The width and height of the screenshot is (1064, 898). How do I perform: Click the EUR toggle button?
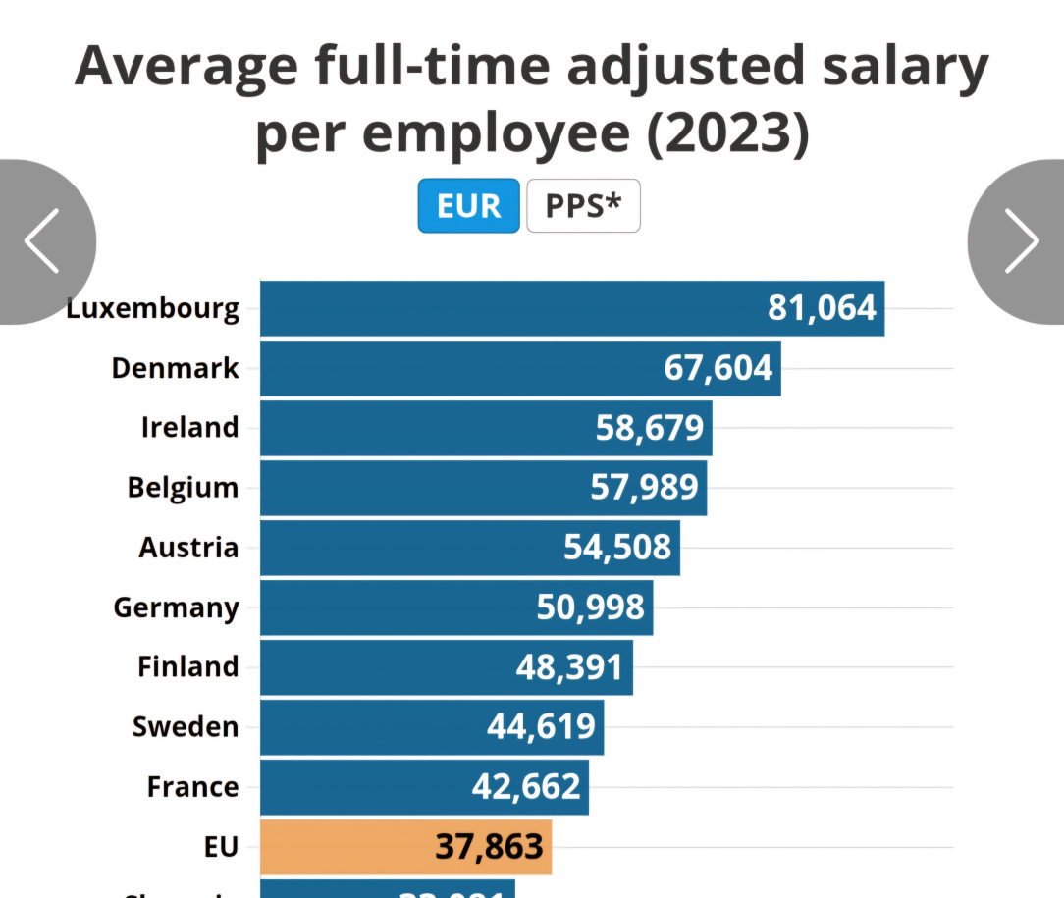pos(468,206)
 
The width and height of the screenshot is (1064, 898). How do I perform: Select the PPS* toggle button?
pos(583,206)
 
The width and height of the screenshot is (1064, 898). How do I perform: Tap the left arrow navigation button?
pos(43,240)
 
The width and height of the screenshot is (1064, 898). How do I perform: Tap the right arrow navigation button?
pos(1021,240)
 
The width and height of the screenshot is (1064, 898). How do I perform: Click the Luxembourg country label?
pos(153,309)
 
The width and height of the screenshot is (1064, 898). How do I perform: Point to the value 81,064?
pos(822,308)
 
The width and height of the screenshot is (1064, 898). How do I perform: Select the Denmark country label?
pos(175,368)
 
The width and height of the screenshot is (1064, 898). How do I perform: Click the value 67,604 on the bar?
pos(718,368)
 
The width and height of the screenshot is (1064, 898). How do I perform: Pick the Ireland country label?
pos(189,428)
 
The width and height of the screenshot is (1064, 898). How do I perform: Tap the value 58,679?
pos(650,428)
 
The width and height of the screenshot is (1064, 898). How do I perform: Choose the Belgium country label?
pos(183,488)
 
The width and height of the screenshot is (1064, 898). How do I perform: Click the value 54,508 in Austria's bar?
pos(617,547)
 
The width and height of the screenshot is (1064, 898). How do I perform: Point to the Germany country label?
pos(176,607)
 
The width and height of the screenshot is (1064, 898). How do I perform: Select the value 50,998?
pos(590,607)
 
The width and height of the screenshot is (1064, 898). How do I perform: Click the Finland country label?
pos(187,667)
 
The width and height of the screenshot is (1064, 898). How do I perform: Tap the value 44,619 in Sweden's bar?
pos(541,727)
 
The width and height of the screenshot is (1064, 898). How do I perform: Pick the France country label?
pos(192,787)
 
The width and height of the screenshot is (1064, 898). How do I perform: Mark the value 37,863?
pos(489,847)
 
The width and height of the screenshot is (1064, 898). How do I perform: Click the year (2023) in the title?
pos(727,135)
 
